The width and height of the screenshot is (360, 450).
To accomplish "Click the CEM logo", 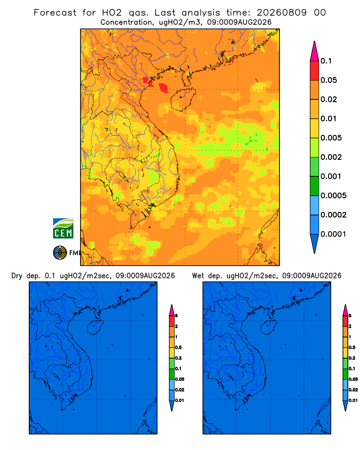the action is coord(63,229).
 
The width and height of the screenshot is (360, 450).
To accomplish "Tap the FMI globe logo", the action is coord(60,253).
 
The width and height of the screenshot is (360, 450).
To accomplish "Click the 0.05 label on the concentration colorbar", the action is coord(328,80).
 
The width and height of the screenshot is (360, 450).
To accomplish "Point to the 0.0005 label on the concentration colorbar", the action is coord(333,196).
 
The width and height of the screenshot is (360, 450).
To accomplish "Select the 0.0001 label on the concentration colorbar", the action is coord(333,234).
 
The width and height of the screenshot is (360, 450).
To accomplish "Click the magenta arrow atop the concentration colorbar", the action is coord(315,51).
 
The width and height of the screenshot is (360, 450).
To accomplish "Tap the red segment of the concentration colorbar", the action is coord(315,71).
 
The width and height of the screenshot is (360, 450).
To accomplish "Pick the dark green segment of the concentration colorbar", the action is coord(315,186).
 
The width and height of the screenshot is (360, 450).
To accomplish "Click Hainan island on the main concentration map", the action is coord(183,99).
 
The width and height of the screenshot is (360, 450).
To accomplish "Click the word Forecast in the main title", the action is coord(55,13).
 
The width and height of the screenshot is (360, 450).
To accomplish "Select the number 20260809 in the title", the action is coord(282,13).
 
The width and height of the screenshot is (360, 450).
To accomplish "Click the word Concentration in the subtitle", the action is coord(126,22).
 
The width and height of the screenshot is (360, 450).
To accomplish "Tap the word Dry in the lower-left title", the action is coord(17,276).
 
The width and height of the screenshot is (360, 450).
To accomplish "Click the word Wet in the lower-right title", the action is coord(198,276).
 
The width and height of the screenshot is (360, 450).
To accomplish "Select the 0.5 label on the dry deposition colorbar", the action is coord(178,347).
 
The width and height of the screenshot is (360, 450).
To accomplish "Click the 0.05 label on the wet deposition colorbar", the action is coord(353,379).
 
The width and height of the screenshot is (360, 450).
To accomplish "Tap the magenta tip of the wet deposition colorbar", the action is coord(345,310).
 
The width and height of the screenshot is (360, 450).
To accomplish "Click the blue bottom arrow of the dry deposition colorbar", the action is coord(171,405).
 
